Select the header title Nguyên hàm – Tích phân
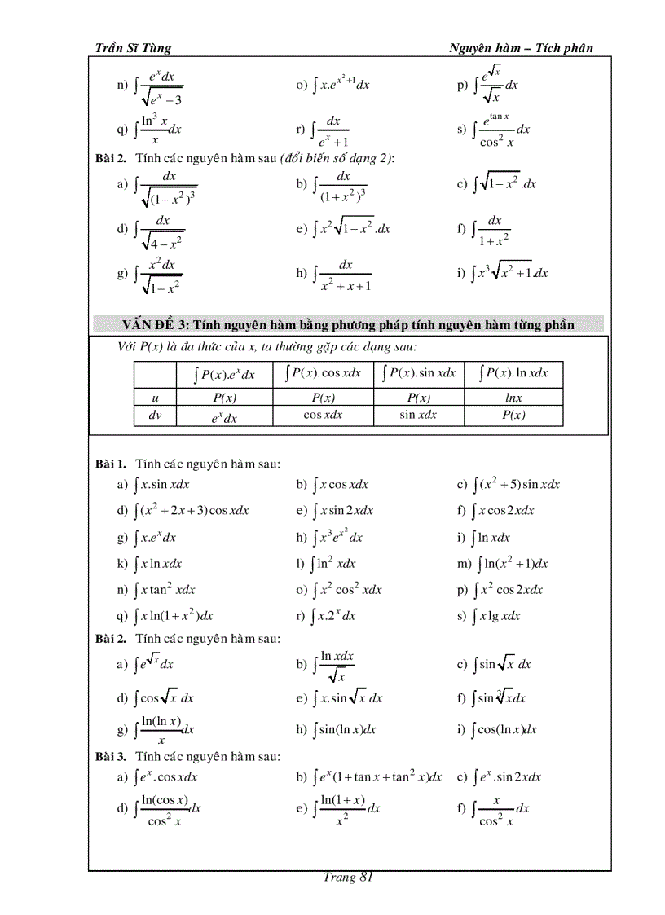[x=521, y=48]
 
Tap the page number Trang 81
[x=348, y=877]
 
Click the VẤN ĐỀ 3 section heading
[x=348, y=325]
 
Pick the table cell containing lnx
[x=513, y=398]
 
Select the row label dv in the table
[x=156, y=416]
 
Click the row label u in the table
[x=156, y=398]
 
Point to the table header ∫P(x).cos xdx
[x=324, y=373]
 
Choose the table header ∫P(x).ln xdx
[x=513, y=373]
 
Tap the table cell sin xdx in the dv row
[x=418, y=416]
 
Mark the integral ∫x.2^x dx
[x=334, y=616]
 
